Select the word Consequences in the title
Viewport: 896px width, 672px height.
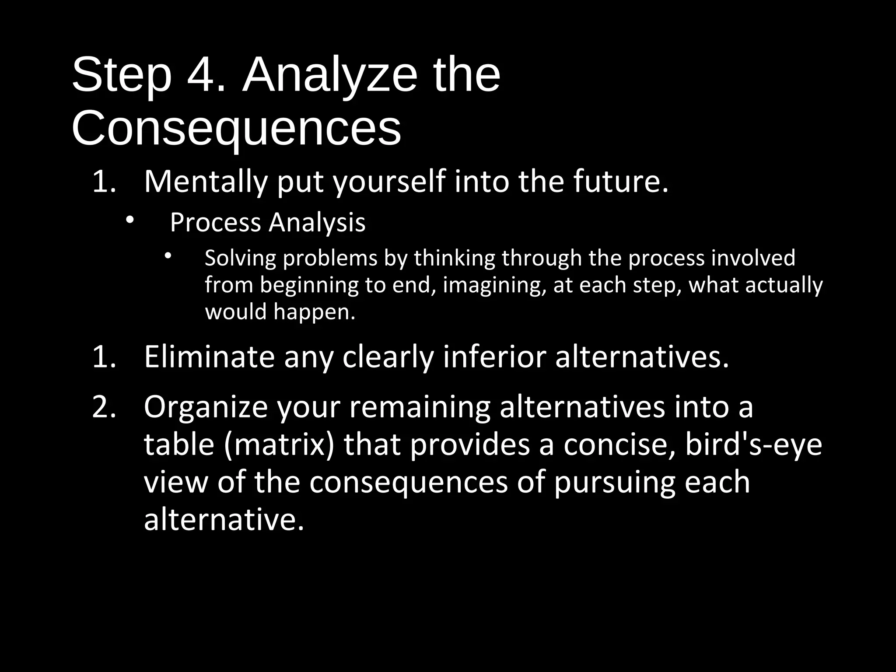pyautogui.click(x=236, y=129)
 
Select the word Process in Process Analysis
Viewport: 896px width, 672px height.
pyautogui.click(x=215, y=223)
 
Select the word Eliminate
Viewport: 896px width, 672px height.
pyautogui.click(x=209, y=357)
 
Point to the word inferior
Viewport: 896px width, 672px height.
pyautogui.click(x=494, y=357)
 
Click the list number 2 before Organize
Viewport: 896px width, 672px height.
pyautogui.click(x=104, y=407)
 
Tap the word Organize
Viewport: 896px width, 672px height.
pyautogui.click(x=205, y=408)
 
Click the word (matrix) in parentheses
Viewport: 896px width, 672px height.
pyautogui.click(x=279, y=445)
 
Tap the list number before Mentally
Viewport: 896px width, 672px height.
pyautogui.click(x=104, y=182)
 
